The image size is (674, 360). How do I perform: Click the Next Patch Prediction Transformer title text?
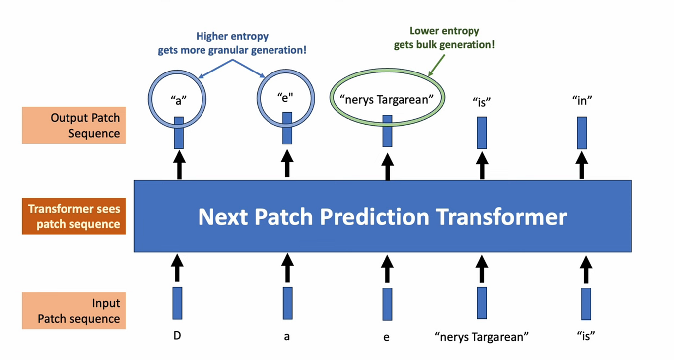(382, 217)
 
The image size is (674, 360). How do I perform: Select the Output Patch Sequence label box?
(73, 126)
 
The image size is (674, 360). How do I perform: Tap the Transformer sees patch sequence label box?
(73, 216)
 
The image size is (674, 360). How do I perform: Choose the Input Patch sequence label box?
(73, 311)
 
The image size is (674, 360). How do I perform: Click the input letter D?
(177, 336)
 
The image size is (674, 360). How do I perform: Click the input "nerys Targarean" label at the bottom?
(481, 337)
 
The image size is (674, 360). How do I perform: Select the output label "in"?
(582, 101)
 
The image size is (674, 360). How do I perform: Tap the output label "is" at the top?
(481, 102)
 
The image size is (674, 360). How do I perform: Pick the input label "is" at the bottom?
(586, 336)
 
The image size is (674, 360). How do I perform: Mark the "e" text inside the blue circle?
(285, 97)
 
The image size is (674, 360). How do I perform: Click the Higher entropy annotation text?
(232, 43)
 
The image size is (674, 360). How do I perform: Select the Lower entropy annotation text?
(444, 38)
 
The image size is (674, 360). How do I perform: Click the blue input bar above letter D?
(177, 303)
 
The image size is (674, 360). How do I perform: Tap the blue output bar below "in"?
(582, 133)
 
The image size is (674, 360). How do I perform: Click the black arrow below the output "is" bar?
(482, 165)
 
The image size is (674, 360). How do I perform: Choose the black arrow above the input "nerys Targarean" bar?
(481, 268)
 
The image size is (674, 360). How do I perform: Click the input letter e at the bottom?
(386, 337)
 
